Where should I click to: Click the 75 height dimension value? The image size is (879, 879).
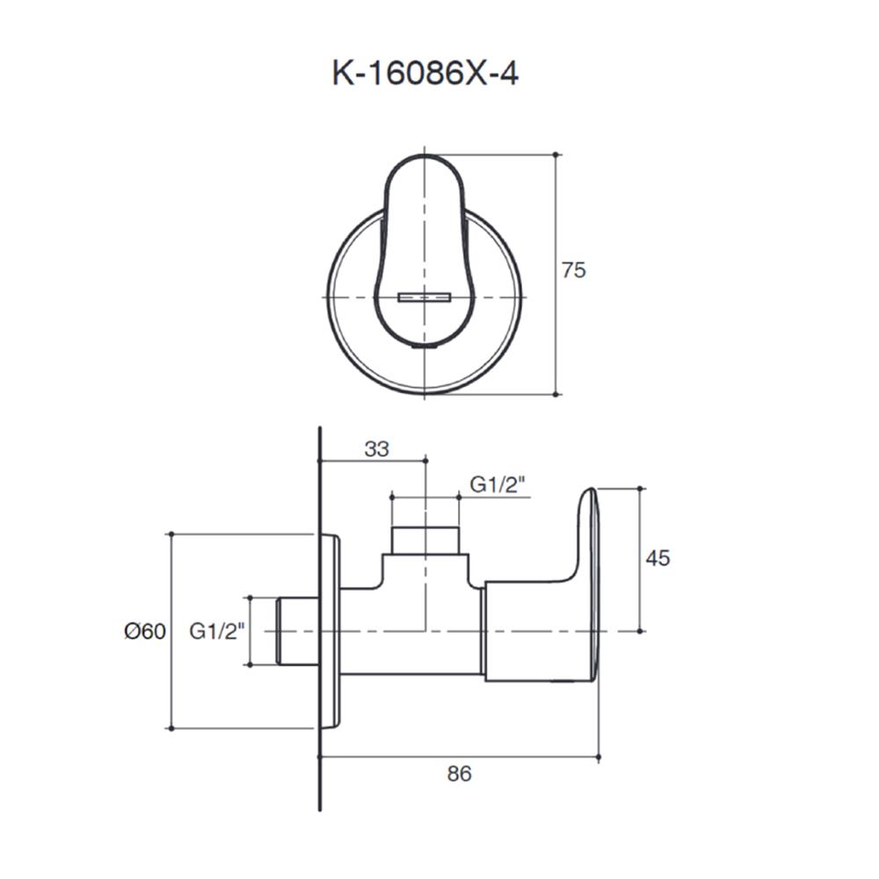(x=573, y=271)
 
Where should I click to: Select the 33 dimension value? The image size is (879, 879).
(x=376, y=449)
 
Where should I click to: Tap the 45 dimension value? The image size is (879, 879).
(x=657, y=558)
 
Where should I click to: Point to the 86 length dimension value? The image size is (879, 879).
(x=459, y=774)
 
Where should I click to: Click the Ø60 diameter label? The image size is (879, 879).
(x=144, y=631)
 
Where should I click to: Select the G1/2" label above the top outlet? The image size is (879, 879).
(x=498, y=484)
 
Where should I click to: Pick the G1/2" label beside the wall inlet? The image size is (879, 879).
(x=216, y=631)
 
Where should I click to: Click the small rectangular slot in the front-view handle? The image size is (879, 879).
(x=425, y=297)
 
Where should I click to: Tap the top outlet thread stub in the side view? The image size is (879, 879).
(x=425, y=541)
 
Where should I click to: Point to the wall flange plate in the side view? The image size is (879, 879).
(x=331, y=631)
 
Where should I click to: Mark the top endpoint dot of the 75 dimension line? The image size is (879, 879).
(x=556, y=155)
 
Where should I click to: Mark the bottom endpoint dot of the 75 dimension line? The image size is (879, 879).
(x=556, y=395)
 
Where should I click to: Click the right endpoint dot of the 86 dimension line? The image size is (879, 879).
(x=599, y=756)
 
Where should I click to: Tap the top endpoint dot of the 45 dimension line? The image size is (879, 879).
(x=640, y=488)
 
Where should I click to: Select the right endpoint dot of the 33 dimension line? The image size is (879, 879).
(x=425, y=460)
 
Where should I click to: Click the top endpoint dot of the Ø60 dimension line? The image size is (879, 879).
(x=171, y=534)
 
